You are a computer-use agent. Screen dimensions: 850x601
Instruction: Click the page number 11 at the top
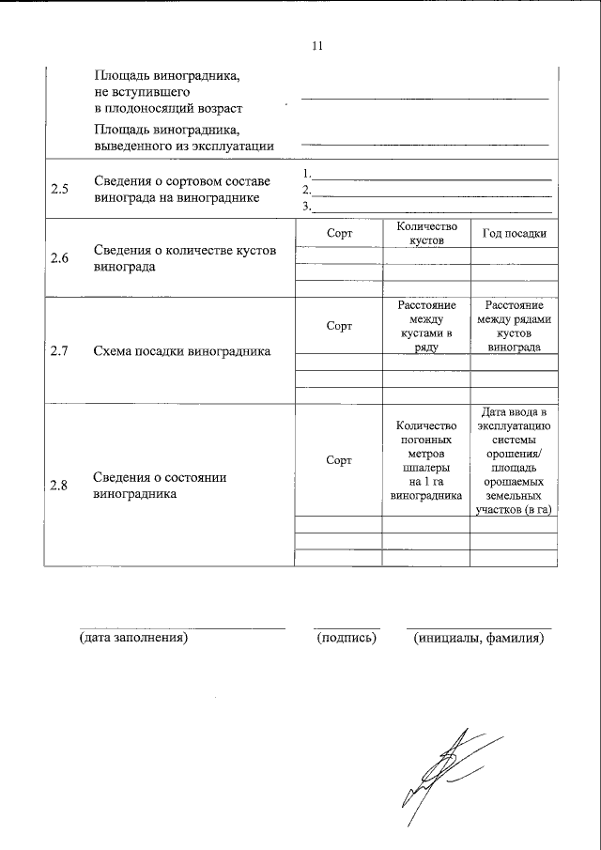(316, 45)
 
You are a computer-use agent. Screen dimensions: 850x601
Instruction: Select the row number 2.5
(60, 189)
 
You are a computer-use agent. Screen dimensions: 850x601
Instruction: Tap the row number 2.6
(60, 258)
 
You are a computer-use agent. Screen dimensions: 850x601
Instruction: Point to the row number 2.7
(60, 352)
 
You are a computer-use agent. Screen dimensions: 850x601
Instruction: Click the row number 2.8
(60, 486)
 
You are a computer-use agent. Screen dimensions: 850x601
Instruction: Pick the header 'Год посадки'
(514, 233)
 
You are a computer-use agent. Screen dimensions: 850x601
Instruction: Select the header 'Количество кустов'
(426, 233)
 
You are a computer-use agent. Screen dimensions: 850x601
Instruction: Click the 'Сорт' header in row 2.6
(339, 233)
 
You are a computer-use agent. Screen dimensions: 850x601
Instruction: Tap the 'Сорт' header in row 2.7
(339, 326)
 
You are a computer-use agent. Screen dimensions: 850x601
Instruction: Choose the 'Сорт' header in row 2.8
(339, 460)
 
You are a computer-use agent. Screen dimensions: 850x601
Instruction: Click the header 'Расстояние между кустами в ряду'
(426, 326)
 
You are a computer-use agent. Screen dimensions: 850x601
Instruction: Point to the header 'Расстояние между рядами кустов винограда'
(514, 326)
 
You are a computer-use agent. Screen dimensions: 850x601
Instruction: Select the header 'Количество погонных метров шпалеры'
(426, 460)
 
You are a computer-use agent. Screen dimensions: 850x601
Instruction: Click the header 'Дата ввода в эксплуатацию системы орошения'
(514, 460)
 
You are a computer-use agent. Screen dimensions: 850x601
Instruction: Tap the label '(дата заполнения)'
(134, 638)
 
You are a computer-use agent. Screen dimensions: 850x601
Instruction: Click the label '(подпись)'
(347, 638)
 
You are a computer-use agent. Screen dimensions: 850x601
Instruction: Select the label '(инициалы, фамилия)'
(479, 638)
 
